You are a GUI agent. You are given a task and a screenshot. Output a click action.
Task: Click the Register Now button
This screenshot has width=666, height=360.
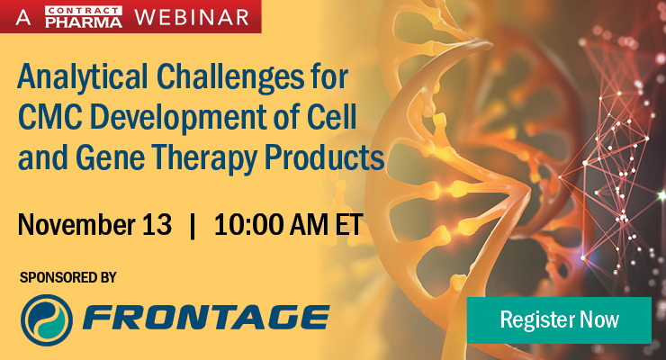click(x=559, y=319)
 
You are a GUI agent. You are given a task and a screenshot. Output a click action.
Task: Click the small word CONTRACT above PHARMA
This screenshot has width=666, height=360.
click(x=88, y=8)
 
